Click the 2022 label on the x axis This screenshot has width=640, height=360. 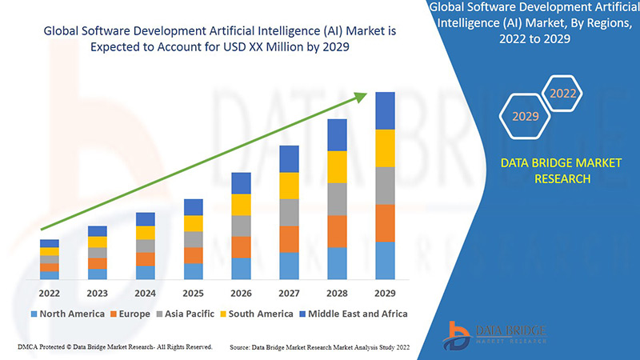[x=49, y=293]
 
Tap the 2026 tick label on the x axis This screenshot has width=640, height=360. [x=241, y=293]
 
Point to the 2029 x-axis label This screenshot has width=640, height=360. [x=385, y=293]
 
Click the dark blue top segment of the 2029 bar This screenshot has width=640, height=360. [x=385, y=110]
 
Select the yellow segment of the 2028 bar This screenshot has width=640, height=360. [x=337, y=166]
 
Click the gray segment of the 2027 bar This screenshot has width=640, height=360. [x=289, y=212]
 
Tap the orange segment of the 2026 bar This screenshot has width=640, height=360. [x=241, y=246]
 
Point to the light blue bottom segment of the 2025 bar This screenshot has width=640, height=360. [x=193, y=271]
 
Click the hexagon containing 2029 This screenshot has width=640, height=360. [x=525, y=117]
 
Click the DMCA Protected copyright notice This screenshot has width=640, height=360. [x=114, y=347]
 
